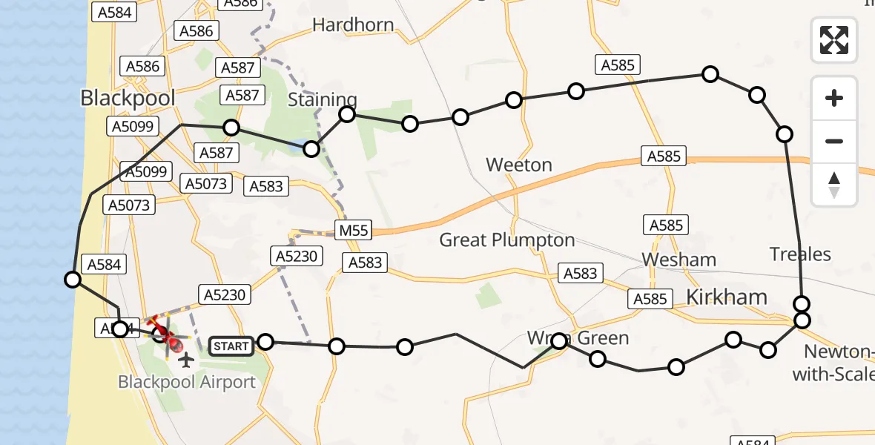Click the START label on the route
(231, 346)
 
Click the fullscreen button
(834, 40)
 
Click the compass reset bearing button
(834, 185)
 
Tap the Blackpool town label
(128, 98)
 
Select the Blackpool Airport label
(187, 382)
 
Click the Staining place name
(322, 99)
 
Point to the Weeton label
(519, 165)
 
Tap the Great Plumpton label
(507, 240)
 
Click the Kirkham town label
(727, 297)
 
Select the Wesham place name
(678, 260)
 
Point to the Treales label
(800, 254)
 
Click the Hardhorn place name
(353, 25)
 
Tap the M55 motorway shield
(354, 231)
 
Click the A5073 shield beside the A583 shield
(208, 183)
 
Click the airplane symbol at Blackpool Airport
(185, 360)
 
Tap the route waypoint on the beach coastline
(73, 280)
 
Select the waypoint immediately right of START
(265, 342)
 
